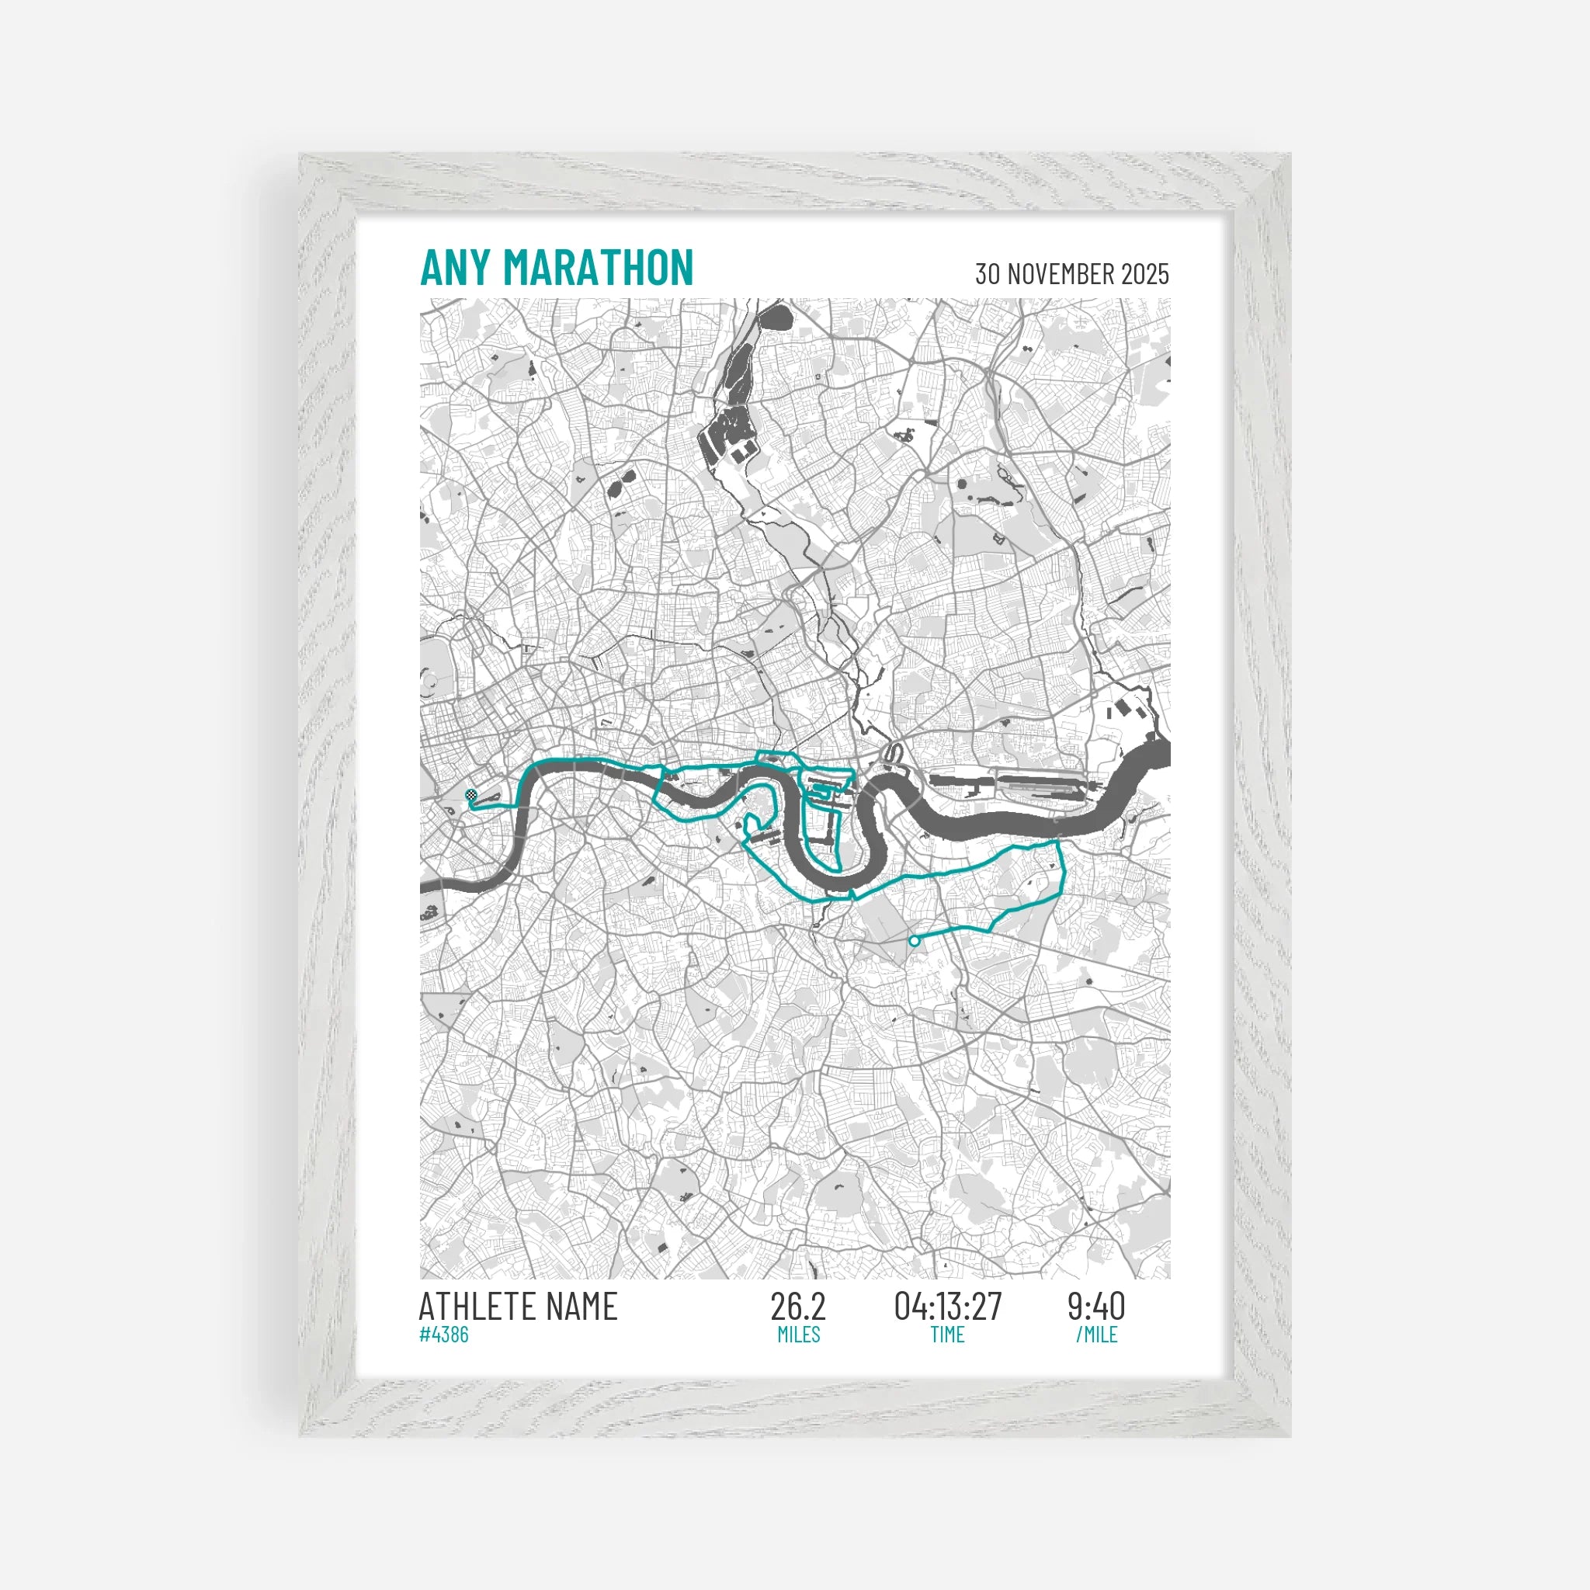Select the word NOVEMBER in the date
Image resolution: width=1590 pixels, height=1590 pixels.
[x=1054, y=274]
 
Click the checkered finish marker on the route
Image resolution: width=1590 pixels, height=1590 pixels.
[x=470, y=795]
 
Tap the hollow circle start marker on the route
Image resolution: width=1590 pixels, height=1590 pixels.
[x=914, y=941]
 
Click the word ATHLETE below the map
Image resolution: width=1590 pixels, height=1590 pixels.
[x=478, y=1307]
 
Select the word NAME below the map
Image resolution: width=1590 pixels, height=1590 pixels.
[x=581, y=1307]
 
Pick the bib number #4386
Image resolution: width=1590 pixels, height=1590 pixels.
[x=443, y=1334]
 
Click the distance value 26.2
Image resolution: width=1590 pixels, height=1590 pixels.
[x=797, y=1307]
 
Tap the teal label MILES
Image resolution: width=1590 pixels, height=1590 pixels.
[x=798, y=1334]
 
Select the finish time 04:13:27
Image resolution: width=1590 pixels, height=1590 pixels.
[x=947, y=1307]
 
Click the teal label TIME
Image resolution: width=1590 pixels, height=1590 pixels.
[x=947, y=1334]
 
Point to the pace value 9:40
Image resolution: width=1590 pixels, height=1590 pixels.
[x=1096, y=1307]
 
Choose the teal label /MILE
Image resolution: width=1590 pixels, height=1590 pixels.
[x=1096, y=1334]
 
